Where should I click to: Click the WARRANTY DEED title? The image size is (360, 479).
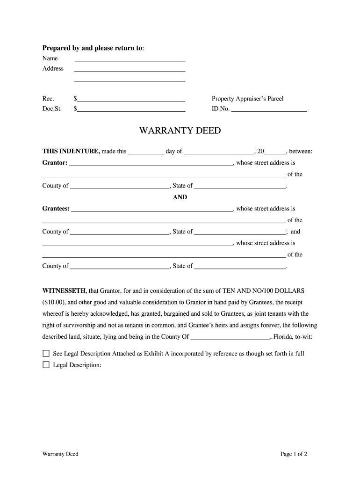pyautogui.click(x=180, y=131)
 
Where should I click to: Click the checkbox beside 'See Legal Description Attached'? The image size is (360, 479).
pyautogui.click(x=46, y=353)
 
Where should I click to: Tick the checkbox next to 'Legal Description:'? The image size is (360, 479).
pyautogui.click(x=46, y=364)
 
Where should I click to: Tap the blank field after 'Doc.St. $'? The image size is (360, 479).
pyautogui.click(x=132, y=110)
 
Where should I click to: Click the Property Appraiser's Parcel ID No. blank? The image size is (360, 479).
pyautogui.click(x=269, y=110)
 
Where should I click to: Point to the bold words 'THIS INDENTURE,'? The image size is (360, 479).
pyautogui.click(x=71, y=151)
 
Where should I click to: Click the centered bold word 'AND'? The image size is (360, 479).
pyautogui.click(x=180, y=197)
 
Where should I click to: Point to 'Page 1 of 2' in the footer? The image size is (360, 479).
pyautogui.click(x=294, y=454)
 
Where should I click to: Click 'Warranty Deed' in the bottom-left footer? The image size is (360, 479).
pyautogui.click(x=60, y=454)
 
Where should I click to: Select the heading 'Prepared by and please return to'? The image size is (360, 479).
pyautogui.click(x=93, y=48)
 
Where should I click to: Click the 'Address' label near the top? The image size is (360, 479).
pyautogui.click(x=53, y=68)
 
